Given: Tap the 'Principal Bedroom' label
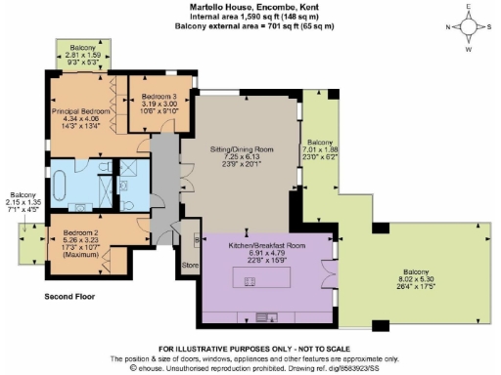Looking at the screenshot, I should tap(80, 111).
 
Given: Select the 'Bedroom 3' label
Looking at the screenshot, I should tap(158, 97).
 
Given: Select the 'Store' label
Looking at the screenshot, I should tap(190, 263).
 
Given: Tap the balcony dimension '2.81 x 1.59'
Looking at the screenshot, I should tap(82, 56).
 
